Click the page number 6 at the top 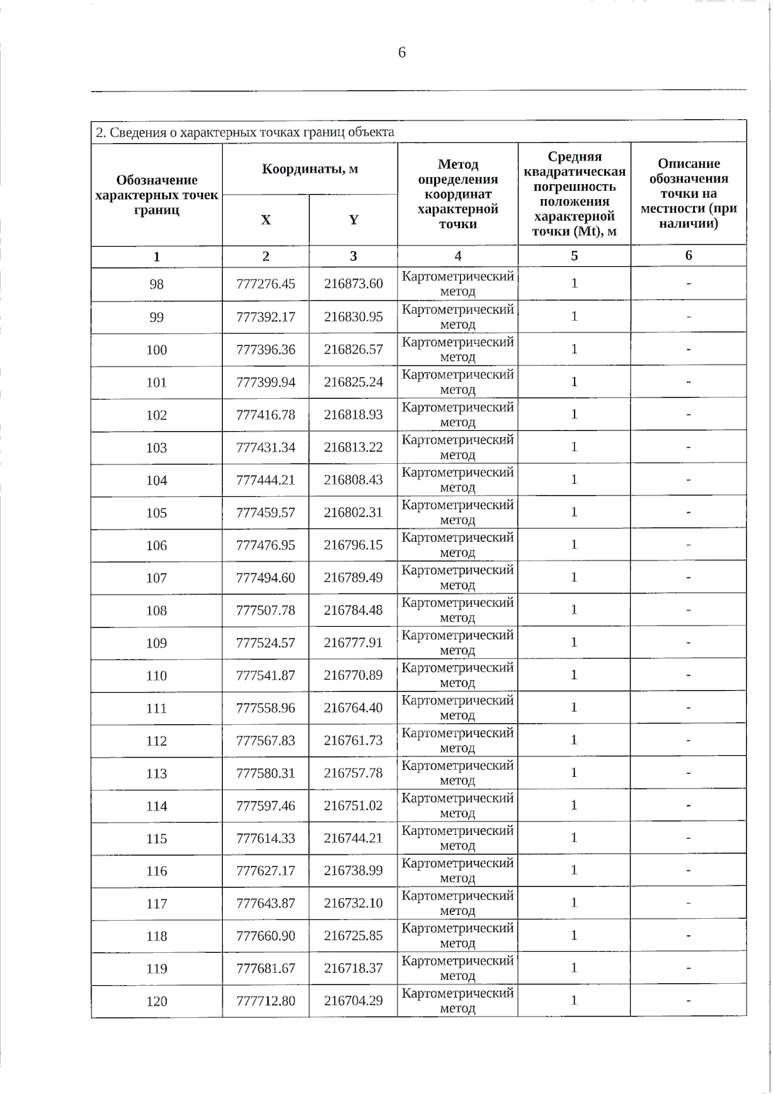click(x=402, y=53)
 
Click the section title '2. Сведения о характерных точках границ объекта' click(x=245, y=132)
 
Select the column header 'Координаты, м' click(x=310, y=169)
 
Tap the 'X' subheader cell click(x=265, y=220)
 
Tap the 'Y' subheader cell click(x=353, y=220)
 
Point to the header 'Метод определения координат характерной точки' click(x=457, y=194)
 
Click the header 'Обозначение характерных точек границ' click(x=157, y=195)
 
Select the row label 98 click(x=157, y=284)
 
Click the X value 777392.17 click(x=265, y=317)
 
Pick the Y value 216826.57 click(x=353, y=349)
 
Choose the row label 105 click(x=157, y=513)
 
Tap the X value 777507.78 click(x=265, y=610)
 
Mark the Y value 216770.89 click(x=353, y=675)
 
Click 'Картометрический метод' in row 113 click(x=457, y=773)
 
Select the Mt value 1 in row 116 click(x=574, y=870)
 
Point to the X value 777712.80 click(x=265, y=1001)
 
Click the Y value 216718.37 click(x=353, y=968)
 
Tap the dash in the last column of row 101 click(x=688, y=382)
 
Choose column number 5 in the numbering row click(x=574, y=256)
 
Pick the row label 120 click(x=157, y=1001)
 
